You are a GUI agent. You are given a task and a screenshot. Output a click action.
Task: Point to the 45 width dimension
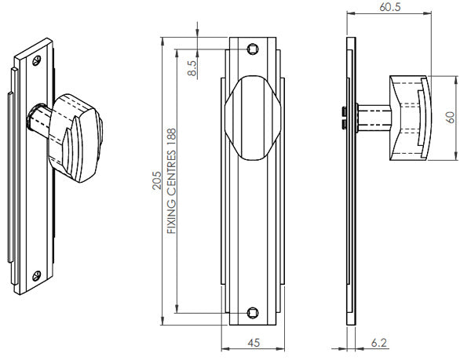[254, 342]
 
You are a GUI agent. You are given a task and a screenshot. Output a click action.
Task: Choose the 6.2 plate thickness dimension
[379, 343]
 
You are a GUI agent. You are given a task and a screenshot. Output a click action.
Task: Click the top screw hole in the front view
[253, 49]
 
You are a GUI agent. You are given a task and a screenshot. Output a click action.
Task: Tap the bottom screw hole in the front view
[253, 311]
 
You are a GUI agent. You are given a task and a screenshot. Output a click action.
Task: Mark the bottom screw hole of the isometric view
[35, 276]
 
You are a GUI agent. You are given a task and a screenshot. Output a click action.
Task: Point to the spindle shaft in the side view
[371, 117]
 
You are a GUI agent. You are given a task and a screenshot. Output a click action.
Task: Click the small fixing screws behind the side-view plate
[345, 117]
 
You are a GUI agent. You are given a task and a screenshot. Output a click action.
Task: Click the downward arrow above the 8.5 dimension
[197, 32]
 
